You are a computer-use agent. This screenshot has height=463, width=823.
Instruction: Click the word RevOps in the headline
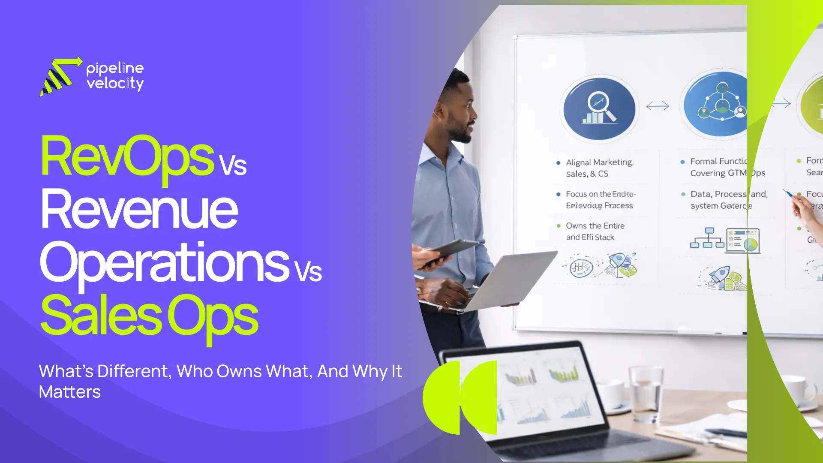point(127,156)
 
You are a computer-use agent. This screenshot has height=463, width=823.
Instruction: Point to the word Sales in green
point(101,316)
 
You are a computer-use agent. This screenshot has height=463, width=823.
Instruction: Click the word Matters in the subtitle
point(70,392)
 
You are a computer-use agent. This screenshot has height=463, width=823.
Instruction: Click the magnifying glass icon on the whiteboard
point(600,107)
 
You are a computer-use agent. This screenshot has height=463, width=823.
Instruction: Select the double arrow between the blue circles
point(658,105)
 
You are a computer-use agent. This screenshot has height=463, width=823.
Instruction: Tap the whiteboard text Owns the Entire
point(595,225)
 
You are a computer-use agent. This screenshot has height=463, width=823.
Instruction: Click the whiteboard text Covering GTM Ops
point(727,173)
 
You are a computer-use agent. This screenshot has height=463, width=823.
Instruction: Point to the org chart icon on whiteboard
point(707,238)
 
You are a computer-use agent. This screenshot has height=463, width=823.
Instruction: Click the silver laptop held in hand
point(510,279)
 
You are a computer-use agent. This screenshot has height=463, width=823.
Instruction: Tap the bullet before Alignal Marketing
point(558,163)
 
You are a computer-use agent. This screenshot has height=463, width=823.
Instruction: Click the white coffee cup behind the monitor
point(611,392)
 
